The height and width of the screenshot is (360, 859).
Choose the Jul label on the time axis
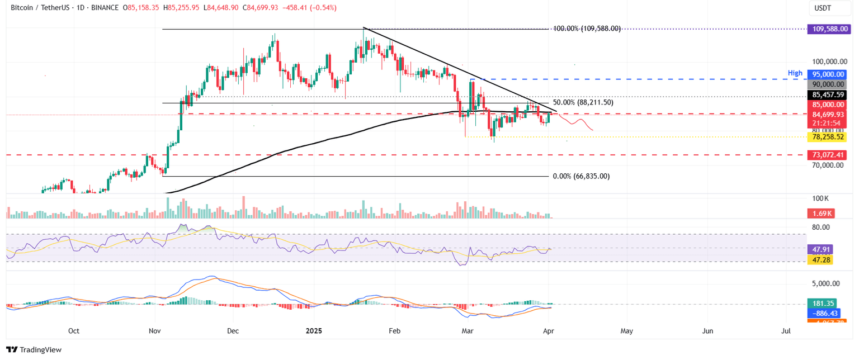coord(786,331)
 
